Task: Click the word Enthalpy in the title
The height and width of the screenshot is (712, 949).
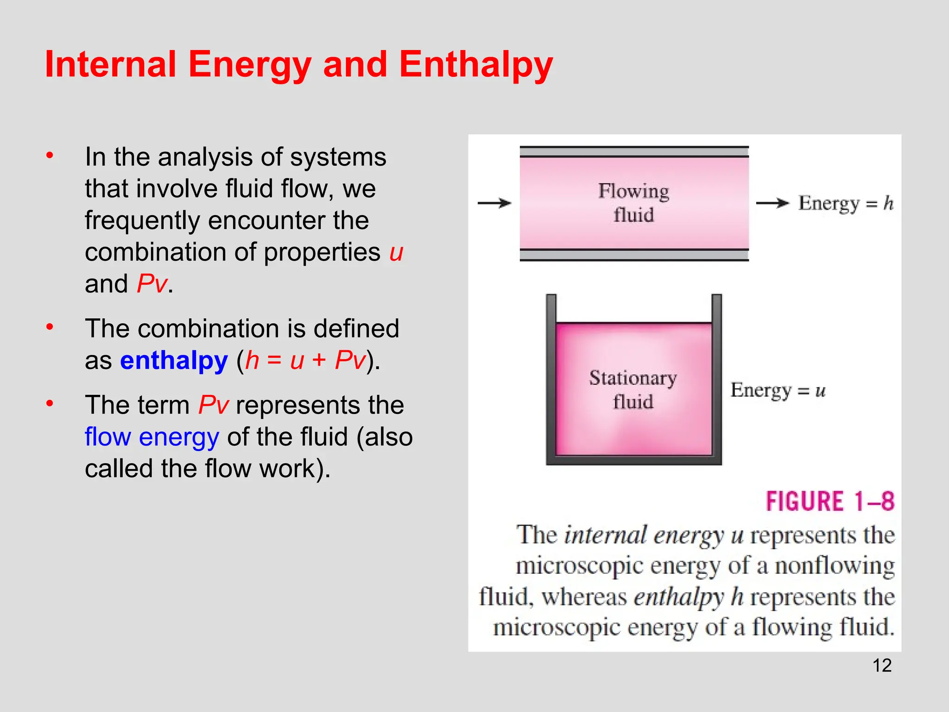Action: pos(476,65)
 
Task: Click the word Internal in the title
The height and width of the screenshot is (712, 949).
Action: pos(111,65)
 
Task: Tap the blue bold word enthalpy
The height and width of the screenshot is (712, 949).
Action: pos(174,360)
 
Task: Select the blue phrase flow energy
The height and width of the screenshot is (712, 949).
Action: pos(152,437)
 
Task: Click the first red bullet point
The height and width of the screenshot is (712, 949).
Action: pos(50,155)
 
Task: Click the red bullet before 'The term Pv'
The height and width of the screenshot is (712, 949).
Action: pos(50,403)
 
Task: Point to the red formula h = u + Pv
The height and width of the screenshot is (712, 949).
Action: pos(305,360)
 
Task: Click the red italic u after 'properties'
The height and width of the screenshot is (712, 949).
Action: pos(396,253)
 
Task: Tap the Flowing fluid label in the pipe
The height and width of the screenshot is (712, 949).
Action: pos(633,203)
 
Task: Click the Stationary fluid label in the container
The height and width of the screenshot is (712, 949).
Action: pos(633,389)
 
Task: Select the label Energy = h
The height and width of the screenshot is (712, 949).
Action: pos(846,203)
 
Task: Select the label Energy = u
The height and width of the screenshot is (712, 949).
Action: pos(778,390)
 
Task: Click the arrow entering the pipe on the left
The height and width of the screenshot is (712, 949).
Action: pos(494,203)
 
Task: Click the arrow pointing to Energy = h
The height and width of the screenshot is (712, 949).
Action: pos(772,203)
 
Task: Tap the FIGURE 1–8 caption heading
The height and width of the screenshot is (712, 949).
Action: pos(829,502)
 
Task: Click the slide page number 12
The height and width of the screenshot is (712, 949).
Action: pos(882,666)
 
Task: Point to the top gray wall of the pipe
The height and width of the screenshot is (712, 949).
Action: pos(634,152)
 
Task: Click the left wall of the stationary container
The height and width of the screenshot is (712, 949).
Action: pos(551,378)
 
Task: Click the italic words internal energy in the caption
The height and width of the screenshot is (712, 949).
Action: pos(644,535)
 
